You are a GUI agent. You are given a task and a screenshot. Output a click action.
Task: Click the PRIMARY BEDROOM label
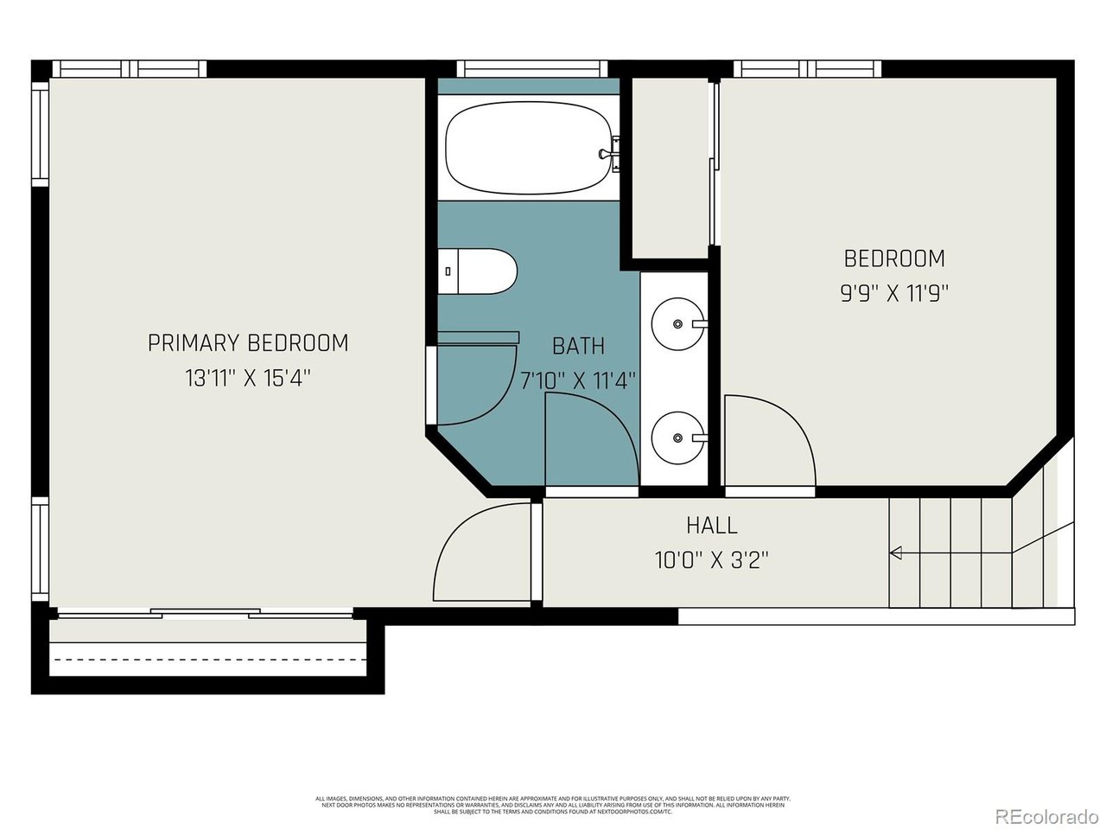coord(248,343)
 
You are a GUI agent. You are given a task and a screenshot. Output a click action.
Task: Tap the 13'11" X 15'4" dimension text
coord(248,379)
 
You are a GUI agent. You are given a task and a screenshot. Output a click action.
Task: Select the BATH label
coord(578,346)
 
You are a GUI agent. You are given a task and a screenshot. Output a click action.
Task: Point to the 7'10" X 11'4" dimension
coord(578,380)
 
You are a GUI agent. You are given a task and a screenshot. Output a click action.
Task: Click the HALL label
coord(712,525)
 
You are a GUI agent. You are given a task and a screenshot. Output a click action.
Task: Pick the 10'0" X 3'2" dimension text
coord(712,560)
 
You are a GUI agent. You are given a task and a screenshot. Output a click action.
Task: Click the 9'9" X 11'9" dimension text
coord(894,293)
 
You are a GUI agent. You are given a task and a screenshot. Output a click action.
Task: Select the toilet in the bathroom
coord(478,271)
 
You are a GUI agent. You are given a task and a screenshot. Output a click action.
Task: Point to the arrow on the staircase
coord(896,552)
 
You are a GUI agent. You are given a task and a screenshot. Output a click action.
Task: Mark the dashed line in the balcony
coord(207,660)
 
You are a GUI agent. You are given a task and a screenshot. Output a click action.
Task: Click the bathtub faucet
coord(610,151)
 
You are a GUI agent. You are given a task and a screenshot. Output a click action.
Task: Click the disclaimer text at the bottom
coord(553,805)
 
